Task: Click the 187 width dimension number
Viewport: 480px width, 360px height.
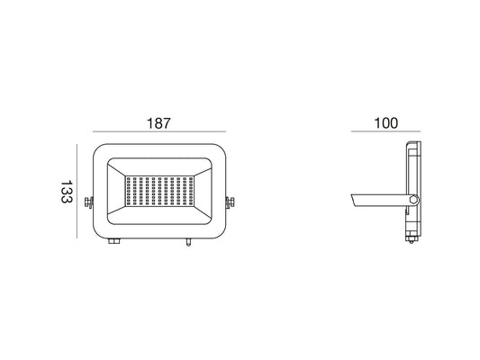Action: pos(158,123)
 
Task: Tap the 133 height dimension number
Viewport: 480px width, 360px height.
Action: pos(67,192)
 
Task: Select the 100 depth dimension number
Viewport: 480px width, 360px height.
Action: pos(386,123)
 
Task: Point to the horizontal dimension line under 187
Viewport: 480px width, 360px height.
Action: pos(159,131)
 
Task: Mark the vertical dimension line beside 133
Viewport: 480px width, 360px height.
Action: pos(77,191)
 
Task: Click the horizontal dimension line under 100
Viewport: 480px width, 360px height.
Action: pos(385,131)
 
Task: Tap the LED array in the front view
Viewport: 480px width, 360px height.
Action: pos(159,191)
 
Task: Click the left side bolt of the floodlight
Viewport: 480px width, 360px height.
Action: pos(89,202)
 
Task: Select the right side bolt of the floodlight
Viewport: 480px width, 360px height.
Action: pos(230,202)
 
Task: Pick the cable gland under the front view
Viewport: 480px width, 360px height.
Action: pos(114,241)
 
